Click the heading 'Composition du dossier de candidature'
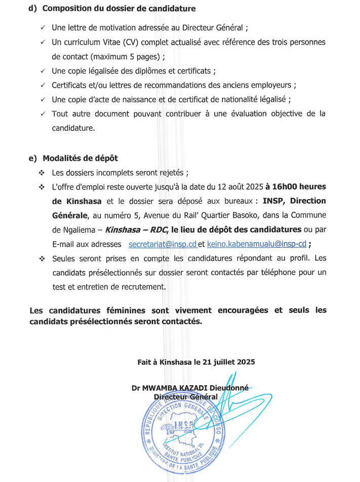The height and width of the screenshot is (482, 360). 119,9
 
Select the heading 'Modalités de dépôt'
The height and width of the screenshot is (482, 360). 80,159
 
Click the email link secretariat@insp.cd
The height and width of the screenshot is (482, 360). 163,244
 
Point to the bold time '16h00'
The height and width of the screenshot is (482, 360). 283,187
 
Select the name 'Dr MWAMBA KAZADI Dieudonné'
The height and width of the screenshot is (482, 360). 190,388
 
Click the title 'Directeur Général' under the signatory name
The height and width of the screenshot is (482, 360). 185,396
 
